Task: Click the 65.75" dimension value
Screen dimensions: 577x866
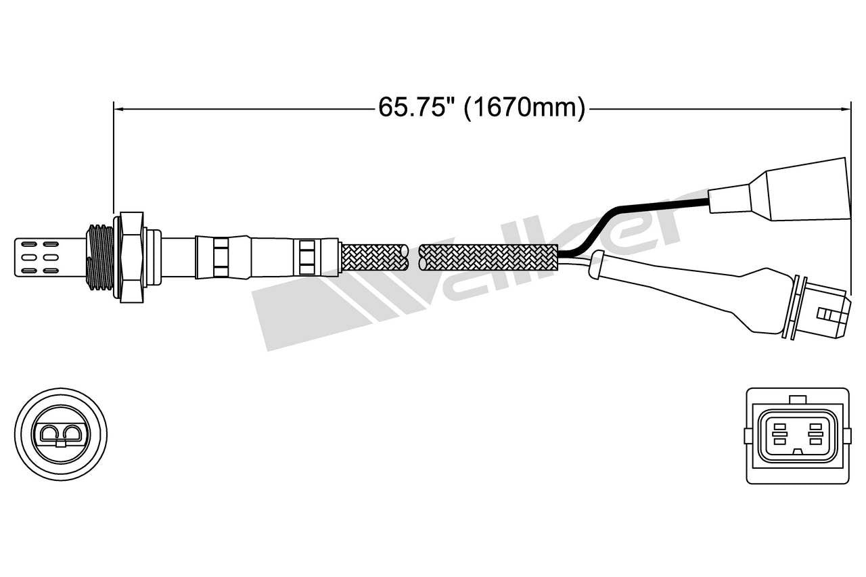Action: pos(414,108)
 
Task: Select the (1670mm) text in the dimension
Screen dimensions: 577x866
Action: pos(524,108)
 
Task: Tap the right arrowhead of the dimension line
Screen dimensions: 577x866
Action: pos(845,108)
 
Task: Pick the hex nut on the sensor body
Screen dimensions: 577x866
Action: pos(131,257)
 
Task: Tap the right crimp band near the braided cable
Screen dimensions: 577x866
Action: pos(308,257)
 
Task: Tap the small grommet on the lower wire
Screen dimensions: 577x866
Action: pos(597,263)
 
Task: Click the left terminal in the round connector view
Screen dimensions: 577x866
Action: pos(51,434)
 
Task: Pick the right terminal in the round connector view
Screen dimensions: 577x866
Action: pos(72,434)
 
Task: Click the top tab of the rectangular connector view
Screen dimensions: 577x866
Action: pos(798,400)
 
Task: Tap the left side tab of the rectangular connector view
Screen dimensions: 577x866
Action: pos(746,435)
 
